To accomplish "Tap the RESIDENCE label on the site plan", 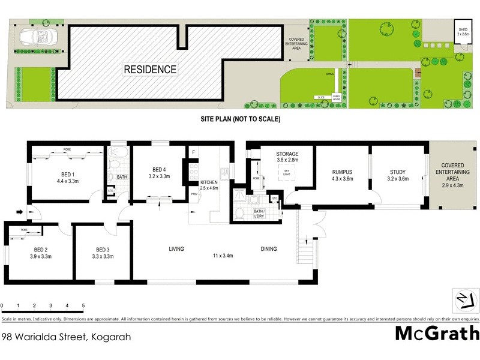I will [x=150, y=70].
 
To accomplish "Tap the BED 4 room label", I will [x=158, y=169].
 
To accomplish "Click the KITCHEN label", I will [x=208, y=182].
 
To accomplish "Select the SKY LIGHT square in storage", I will [x=287, y=173].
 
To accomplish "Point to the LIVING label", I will [x=176, y=248].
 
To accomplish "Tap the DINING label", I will [x=269, y=248].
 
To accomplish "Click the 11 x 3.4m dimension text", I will [x=223, y=256].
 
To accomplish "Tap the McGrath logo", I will [x=437, y=334].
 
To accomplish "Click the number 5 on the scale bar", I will [x=83, y=305].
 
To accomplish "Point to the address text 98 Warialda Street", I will [x=66, y=337].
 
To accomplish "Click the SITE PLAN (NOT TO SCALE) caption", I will [x=240, y=119].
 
